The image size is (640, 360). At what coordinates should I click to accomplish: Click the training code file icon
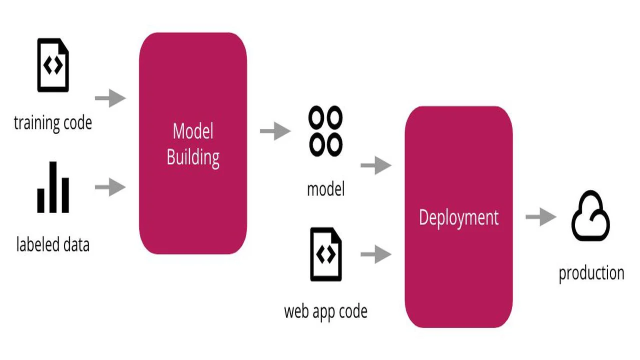pyautogui.click(x=53, y=66)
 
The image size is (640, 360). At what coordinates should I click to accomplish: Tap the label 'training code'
pyautogui.click(x=53, y=122)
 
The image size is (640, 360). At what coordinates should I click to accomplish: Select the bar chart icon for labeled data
pyautogui.click(x=53, y=187)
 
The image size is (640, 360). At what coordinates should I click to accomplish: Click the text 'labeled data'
pyautogui.click(x=53, y=245)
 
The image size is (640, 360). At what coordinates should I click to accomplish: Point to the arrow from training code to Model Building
pyautogui.click(x=110, y=98)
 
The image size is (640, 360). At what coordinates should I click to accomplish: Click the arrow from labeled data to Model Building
pyautogui.click(x=110, y=188)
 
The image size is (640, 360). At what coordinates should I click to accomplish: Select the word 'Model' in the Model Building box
pyautogui.click(x=193, y=131)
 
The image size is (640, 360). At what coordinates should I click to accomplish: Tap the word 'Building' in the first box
pyautogui.click(x=193, y=157)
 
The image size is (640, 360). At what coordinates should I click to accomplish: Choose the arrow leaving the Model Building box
pyautogui.click(x=275, y=131)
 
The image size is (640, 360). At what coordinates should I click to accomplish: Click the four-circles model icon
pyautogui.click(x=325, y=131)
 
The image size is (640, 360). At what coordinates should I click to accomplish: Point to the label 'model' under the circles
pyautogui.click(x=325, y=189)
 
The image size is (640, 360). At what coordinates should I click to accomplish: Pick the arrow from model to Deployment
pyautogui.click(x=375, y=165)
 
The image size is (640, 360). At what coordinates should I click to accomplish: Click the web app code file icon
pyautogui.click(x=326, y=254)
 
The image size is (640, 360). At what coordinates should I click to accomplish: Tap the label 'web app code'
pyautogui.click(x=325, y=311)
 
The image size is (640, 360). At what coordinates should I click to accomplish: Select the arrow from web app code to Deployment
pyautogui.click(x=375, y=254)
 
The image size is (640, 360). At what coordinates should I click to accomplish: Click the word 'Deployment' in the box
pyautogui.click(x=458, y=218)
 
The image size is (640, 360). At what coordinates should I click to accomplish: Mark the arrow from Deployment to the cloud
pyautogui.click(x=540, y=217)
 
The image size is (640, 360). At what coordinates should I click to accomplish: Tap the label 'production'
pyautogui.click(x=591, y=273)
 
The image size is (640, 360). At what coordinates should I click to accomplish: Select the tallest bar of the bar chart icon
pyautogui.click(x=53, y=187)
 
